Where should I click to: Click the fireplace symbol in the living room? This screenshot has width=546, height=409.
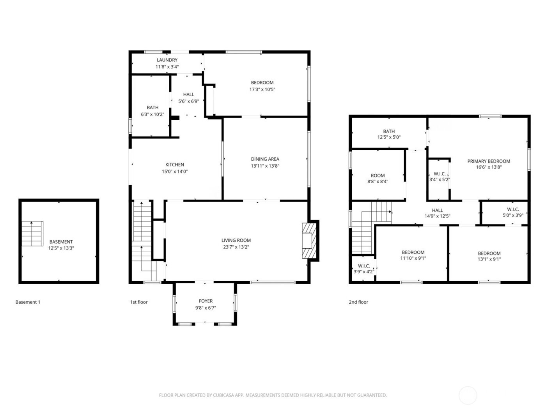[x=308, y=240]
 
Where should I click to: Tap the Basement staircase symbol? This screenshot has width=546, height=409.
[x=32, y=234]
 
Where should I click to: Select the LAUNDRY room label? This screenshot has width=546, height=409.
[x=167, y=60]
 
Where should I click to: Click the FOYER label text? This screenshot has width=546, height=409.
[x=206, y=301]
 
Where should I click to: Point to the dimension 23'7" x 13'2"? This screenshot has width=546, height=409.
[x=236, y=247]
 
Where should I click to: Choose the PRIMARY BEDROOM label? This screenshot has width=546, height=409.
[x=488, y=161]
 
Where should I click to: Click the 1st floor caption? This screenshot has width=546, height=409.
[x=139, y=302]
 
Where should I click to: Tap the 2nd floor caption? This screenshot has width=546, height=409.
[x=358, y=302]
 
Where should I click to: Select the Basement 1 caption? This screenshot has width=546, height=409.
[x=28, y=302]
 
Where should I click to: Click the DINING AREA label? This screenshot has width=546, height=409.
[x=265, y=159]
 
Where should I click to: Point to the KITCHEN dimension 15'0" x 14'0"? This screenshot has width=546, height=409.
[x=175, y=171]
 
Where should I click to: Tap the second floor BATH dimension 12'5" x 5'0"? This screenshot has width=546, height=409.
[x=389, y=137]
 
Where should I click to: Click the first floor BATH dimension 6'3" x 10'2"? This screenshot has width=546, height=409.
[x=152, y=114]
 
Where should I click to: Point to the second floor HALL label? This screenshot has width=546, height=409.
[x=437, y=210]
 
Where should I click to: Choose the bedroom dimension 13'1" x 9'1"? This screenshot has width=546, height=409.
[x=489, y=259]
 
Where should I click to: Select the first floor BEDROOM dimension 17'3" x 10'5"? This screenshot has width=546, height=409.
[x=262, y=89]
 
